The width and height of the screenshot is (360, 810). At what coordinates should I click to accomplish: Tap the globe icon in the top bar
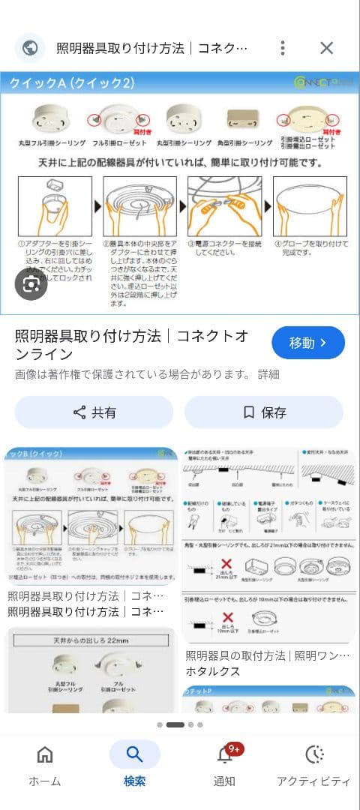pyautogui.click(x=30, y=48)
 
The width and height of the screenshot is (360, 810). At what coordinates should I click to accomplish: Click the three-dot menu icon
pyautogui.click(x=282, y=48)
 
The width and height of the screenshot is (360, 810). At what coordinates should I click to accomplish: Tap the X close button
pyautogui.click(x=326, y=48)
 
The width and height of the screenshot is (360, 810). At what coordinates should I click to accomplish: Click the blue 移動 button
pyautogui.click(x=307, y=343)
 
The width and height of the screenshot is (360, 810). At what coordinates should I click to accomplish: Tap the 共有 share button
pyautogui.click(x=94, y=412)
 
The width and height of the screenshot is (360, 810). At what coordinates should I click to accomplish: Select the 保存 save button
pyautogui.click(x=264, y=412)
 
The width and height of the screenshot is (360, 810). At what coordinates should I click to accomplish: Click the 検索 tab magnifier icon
pyautogui.click(x=134, y=754)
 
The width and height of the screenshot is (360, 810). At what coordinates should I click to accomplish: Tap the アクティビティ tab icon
pyautogui.click(x=313, y=754)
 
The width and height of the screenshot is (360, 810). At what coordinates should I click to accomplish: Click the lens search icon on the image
pyautogui.click(x=31, y=284)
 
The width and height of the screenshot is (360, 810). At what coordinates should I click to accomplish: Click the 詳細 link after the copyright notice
pyautogui.click(x=268, y=374)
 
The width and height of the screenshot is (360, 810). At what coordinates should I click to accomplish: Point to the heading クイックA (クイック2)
pyautogui.click(x=72, y=83)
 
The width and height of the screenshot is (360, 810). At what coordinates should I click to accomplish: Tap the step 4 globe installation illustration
pyautogui.click(x=310, y=205)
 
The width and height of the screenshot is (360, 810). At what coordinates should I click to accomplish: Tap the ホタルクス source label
pyautogui.click(x=212, y=671)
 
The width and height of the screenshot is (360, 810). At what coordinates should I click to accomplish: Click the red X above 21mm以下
pyautogui.click(x=223, y=564)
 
